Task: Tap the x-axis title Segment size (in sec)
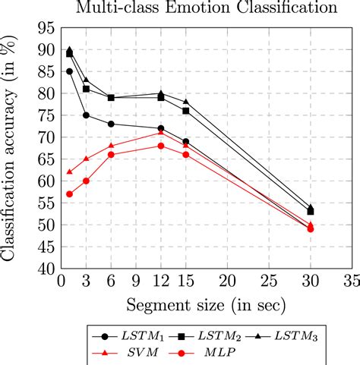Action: click(x=206, y=305)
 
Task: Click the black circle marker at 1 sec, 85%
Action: click(x=70, y=71)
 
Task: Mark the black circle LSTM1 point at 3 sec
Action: click(x=86, y=115)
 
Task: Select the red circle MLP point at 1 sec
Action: click(x=70, y=194)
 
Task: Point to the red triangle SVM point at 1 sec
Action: click(x=70, y=171)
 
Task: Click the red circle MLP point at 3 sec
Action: click(x=86, y=181)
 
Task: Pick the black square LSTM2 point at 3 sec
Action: click(x=86, y=89)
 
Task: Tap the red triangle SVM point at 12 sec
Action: click(x=160, y=132)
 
